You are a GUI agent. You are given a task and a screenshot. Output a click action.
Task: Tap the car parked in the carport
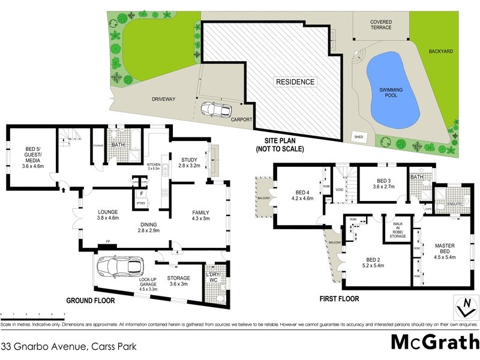tap(216, 110)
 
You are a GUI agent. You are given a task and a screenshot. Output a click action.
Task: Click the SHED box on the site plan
tap(360, 136)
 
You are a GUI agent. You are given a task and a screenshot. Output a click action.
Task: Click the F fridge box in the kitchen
tap(141, 194)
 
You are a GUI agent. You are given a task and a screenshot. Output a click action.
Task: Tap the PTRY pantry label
tap(141, 204)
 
